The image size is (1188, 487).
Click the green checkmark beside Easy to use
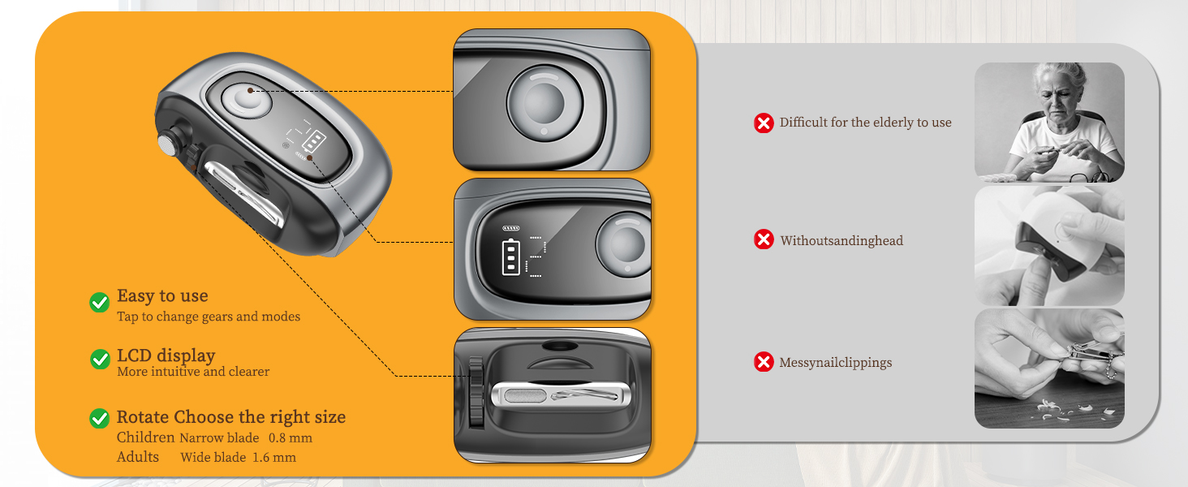(99, 303)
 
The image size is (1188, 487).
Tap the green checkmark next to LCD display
(100, 359)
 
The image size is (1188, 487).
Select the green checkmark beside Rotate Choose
(99, 418)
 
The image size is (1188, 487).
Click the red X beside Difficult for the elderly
(764, 123)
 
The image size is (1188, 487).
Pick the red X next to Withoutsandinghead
(764, 239)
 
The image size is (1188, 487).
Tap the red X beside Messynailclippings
(764, 362)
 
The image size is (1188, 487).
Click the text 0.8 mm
(291, 438)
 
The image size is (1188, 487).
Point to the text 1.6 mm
(274, 457)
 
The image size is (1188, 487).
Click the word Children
(145, 437)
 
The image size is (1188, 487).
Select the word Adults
(137, 457)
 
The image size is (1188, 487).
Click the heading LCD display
(166, 356)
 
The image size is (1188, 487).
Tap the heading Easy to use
(162, 295)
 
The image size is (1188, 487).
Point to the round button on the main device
(246, 101)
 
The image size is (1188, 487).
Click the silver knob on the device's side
(168, 144)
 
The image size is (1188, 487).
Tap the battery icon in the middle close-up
(510, 257)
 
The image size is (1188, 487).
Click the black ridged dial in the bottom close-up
(476, 391)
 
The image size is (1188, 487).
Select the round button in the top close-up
(544, 103)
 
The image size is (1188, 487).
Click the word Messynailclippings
(835, 363)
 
